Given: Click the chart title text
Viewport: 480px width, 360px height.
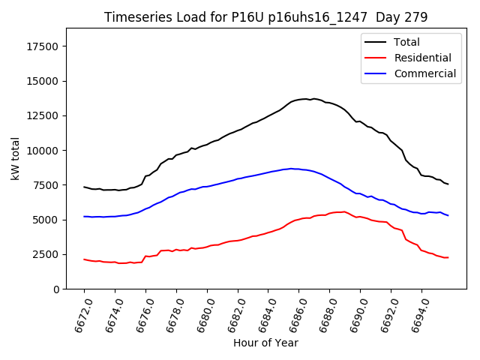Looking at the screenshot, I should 265,17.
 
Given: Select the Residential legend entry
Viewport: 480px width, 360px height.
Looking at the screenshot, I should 422,58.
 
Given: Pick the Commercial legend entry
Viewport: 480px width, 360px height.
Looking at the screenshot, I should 424,73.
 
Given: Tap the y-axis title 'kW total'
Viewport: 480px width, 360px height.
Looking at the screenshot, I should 15,158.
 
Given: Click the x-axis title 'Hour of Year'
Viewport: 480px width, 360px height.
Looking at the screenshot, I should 265,343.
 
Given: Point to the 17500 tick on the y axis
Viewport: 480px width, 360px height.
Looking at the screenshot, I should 43,46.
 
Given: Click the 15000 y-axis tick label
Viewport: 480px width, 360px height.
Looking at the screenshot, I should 43,81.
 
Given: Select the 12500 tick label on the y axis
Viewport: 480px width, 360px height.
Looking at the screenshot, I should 43,115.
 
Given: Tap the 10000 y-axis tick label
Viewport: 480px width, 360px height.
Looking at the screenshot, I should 43,151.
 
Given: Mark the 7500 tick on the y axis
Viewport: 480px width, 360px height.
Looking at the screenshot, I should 46,185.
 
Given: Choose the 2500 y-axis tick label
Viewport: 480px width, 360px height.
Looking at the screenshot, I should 46,254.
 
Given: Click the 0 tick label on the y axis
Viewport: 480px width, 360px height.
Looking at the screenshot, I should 57,289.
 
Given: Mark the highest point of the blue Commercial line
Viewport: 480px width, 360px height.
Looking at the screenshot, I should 291,168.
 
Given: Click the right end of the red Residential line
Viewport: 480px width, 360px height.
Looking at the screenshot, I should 448,257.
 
